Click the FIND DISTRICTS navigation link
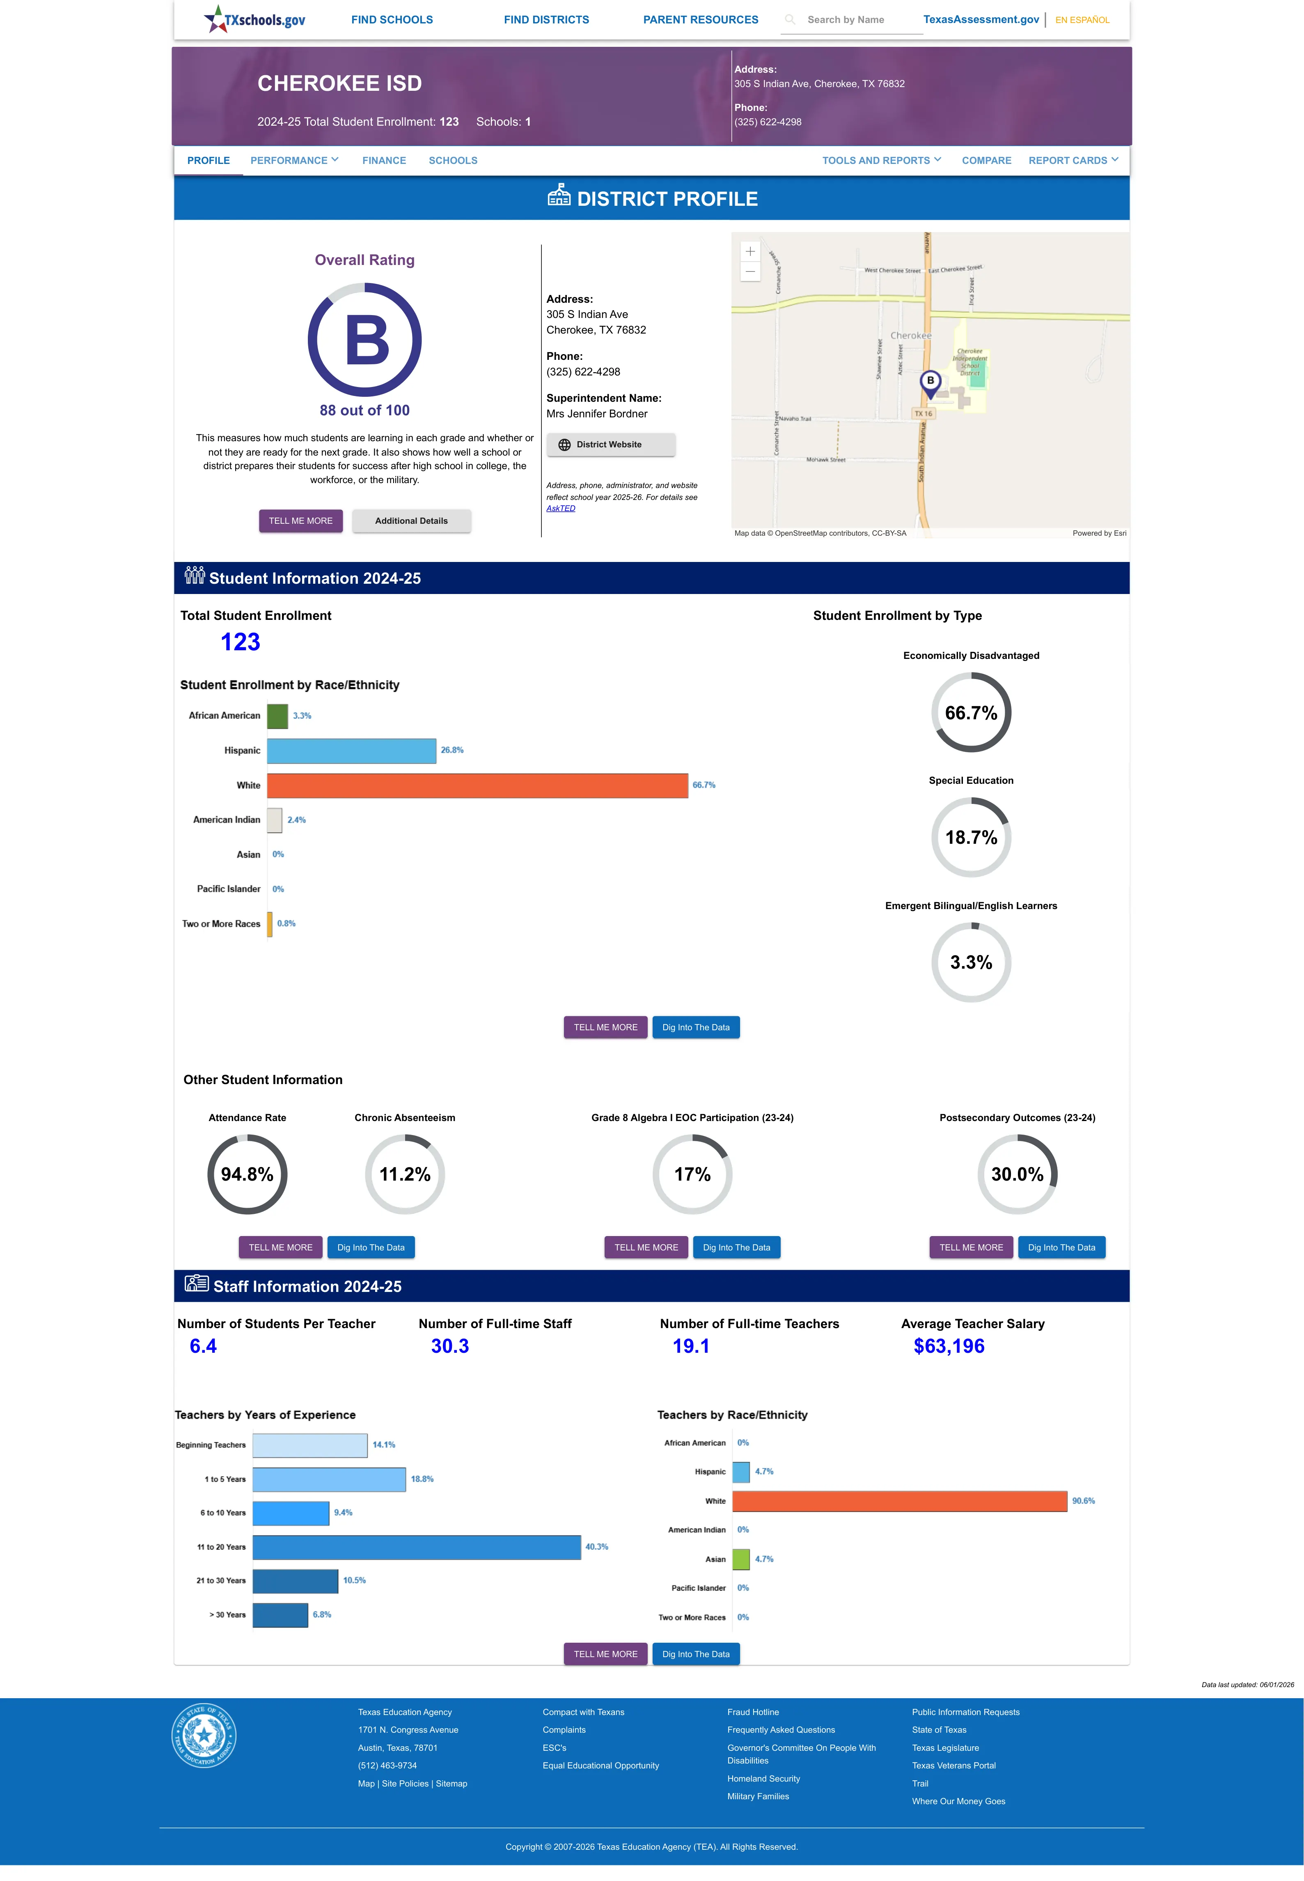546,20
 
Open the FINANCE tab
384,160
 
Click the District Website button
610,445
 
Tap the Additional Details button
411,521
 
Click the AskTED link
561,509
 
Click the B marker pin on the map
930,383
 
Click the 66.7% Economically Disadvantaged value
971,713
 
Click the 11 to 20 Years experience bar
417,1547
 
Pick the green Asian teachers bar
741,1559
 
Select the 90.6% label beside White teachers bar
1084,1501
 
